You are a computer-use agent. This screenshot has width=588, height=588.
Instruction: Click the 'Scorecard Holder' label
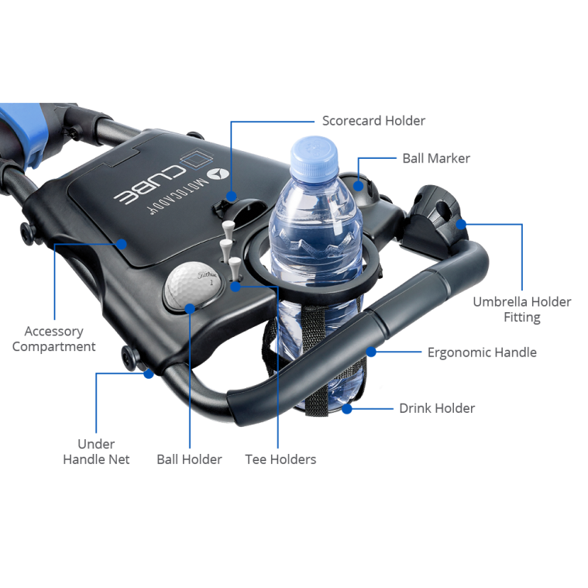coord(373,121)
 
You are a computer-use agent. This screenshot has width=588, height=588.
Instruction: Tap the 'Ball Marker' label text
coord(436,158)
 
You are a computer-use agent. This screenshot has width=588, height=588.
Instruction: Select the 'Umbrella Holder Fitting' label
coord(521,309)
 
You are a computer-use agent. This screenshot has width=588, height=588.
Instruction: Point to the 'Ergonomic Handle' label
coord(482,352)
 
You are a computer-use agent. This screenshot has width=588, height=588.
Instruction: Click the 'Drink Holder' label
coord(437,408)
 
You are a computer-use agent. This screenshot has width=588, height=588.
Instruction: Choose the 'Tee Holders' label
coord(280,459)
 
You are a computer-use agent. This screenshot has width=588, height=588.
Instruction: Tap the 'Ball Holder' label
coord(189,459)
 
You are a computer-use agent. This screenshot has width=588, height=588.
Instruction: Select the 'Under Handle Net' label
coord(96,452)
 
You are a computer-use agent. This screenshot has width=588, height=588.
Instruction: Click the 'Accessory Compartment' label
coord(53,339)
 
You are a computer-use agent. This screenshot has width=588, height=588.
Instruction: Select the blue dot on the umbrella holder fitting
coord(460,224)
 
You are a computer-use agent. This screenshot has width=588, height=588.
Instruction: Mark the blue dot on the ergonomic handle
coord(372,352)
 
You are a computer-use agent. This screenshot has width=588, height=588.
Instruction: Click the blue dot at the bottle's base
coord(347,407)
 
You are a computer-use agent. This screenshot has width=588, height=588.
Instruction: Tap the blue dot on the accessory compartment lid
coord(122,242)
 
